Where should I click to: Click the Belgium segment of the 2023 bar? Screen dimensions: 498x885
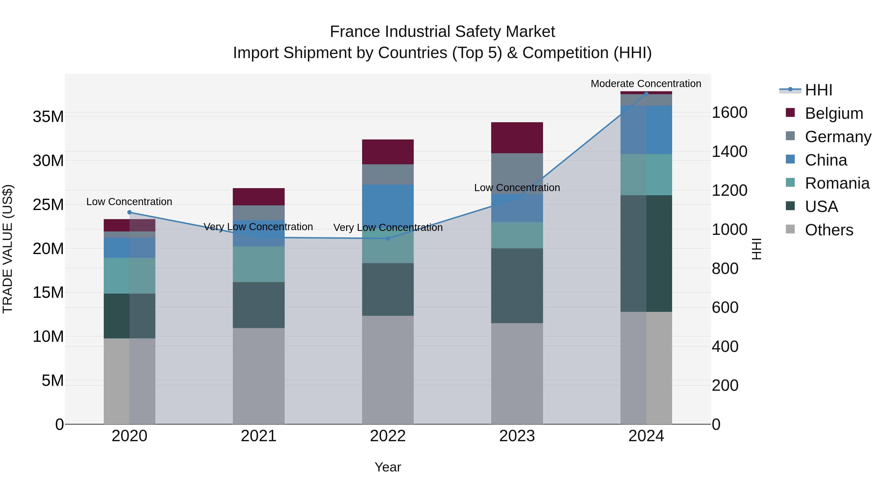pos(517,137)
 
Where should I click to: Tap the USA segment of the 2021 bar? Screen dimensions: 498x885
pos(258,305)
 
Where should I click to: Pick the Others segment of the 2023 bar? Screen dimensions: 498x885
pos(517,373)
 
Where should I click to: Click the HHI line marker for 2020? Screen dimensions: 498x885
pos(130,212)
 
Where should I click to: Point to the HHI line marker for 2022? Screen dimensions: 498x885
pos(388,238)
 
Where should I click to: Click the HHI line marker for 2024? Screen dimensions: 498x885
pos(646,94)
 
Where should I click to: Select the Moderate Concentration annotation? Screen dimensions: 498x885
pos(646,84)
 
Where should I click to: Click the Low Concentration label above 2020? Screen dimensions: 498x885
pos(129,202)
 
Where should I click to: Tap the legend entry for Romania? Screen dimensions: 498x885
pos(837,183)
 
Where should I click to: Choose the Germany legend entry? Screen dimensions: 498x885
pos(838,136)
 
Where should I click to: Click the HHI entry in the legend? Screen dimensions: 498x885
pos(818,90)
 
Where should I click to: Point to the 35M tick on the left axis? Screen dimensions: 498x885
pos(48,117)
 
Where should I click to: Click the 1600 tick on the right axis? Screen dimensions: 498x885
pos(729,112)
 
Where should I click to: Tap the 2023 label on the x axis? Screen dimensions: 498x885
pos(517,436)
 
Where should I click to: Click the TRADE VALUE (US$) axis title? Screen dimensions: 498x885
pos(8,249)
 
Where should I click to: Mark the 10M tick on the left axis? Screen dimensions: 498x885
pos(48,336)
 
